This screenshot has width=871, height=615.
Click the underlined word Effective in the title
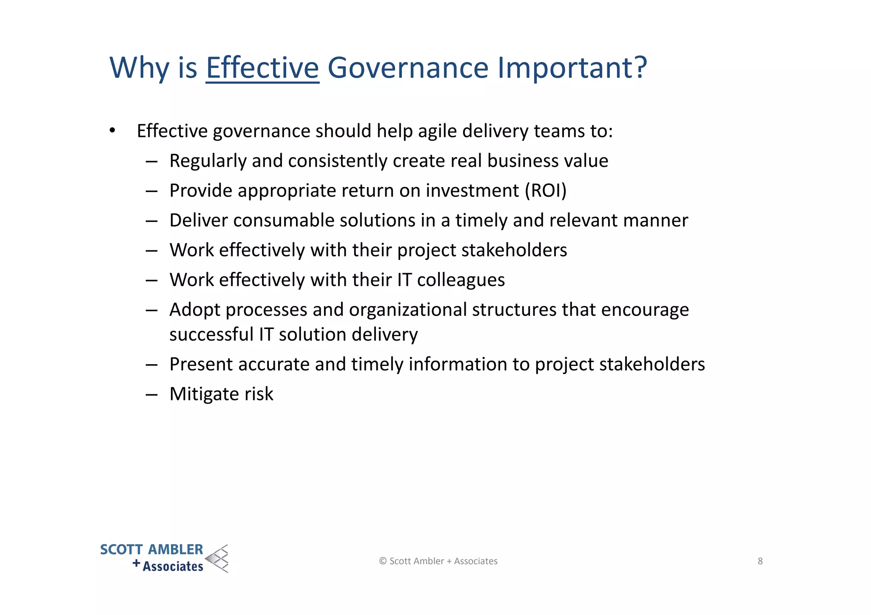pos(262,68)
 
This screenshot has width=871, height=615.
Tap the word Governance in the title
pos(408,68)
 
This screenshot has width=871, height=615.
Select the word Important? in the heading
pos(572,68)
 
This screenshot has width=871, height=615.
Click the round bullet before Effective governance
pos(112,130)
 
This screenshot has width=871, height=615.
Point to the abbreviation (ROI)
pos(546,190)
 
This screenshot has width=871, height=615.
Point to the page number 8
pos(760,561)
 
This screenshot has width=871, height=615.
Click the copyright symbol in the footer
pos(383,561)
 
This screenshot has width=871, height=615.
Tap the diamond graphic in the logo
pos(217,558)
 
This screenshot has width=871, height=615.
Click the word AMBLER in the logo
pos(176,550)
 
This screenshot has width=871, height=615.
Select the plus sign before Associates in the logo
pos(136,564)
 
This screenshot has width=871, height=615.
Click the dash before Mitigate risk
pos(151,394)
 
